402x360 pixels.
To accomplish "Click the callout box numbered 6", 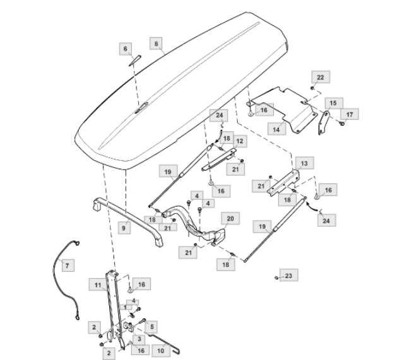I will coord(125,49).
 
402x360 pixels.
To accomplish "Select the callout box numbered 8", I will coord(155,44).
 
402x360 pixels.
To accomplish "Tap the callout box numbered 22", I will coord(320,77).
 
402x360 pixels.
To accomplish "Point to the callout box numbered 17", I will coord(350,114).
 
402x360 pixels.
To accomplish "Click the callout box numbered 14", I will coord(276,128).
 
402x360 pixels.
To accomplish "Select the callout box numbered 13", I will coord(304,163).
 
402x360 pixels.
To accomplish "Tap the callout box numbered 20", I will coord(230,218).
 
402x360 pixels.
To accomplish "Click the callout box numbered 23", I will coord(288,276).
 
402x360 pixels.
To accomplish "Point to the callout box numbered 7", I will coord(68,265).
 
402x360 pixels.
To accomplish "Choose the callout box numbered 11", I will coord(98,286).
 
